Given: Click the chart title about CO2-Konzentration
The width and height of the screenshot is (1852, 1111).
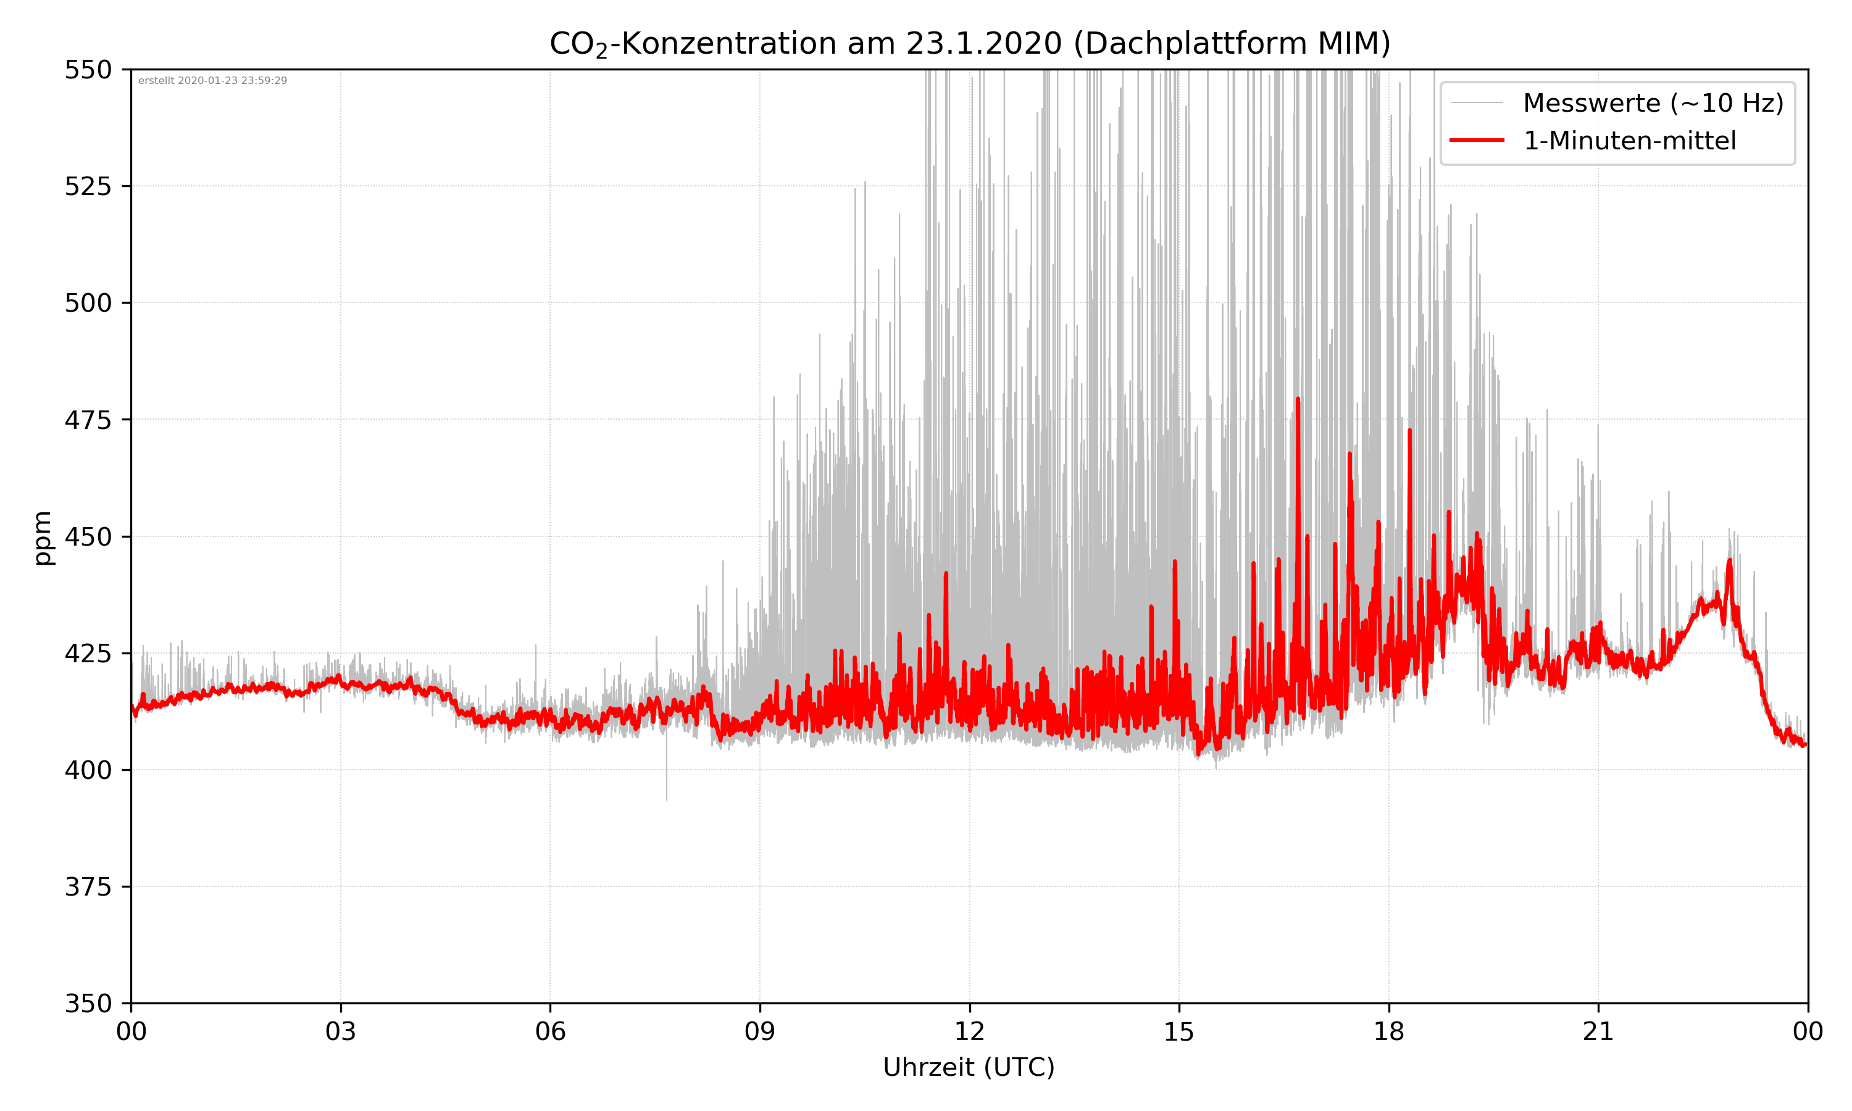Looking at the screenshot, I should [x=969, y=43].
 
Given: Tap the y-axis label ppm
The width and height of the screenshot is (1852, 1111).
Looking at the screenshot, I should [x=43, y=537].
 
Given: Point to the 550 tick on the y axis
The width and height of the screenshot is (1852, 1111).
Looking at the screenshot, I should [x=88, y=70].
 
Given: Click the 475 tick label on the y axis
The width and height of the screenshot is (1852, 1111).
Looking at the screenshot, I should [x=88, y=420].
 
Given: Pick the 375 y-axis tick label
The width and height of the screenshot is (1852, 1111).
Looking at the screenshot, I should [x=88, y=887].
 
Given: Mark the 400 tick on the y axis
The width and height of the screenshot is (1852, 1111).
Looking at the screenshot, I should [x=88, y=770].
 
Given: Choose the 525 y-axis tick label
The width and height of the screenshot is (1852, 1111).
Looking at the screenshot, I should [x=88, y=186].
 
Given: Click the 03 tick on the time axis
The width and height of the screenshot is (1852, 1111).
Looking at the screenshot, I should [x=341, y=1031].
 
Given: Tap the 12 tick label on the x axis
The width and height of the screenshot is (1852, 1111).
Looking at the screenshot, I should [x=969, y=1031].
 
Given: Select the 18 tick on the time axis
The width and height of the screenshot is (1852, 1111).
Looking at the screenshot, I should [x=1388, y=1031].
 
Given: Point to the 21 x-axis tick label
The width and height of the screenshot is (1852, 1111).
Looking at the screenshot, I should [x=1598, y=1031].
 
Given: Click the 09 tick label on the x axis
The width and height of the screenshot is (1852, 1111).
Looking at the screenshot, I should [x=760, y=1031].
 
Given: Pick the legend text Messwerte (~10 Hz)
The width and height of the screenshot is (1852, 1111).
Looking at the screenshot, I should [x=1653, y=103].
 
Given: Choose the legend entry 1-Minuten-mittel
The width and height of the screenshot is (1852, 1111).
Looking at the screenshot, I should [x=1630, y=141].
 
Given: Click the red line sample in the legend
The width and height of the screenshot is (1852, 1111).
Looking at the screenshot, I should [x=1476, y=141].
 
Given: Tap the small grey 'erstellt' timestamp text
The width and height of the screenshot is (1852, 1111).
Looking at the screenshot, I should [x=212, y=81].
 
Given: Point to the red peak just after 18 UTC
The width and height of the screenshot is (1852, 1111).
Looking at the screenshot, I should [x=1409, y=431].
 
